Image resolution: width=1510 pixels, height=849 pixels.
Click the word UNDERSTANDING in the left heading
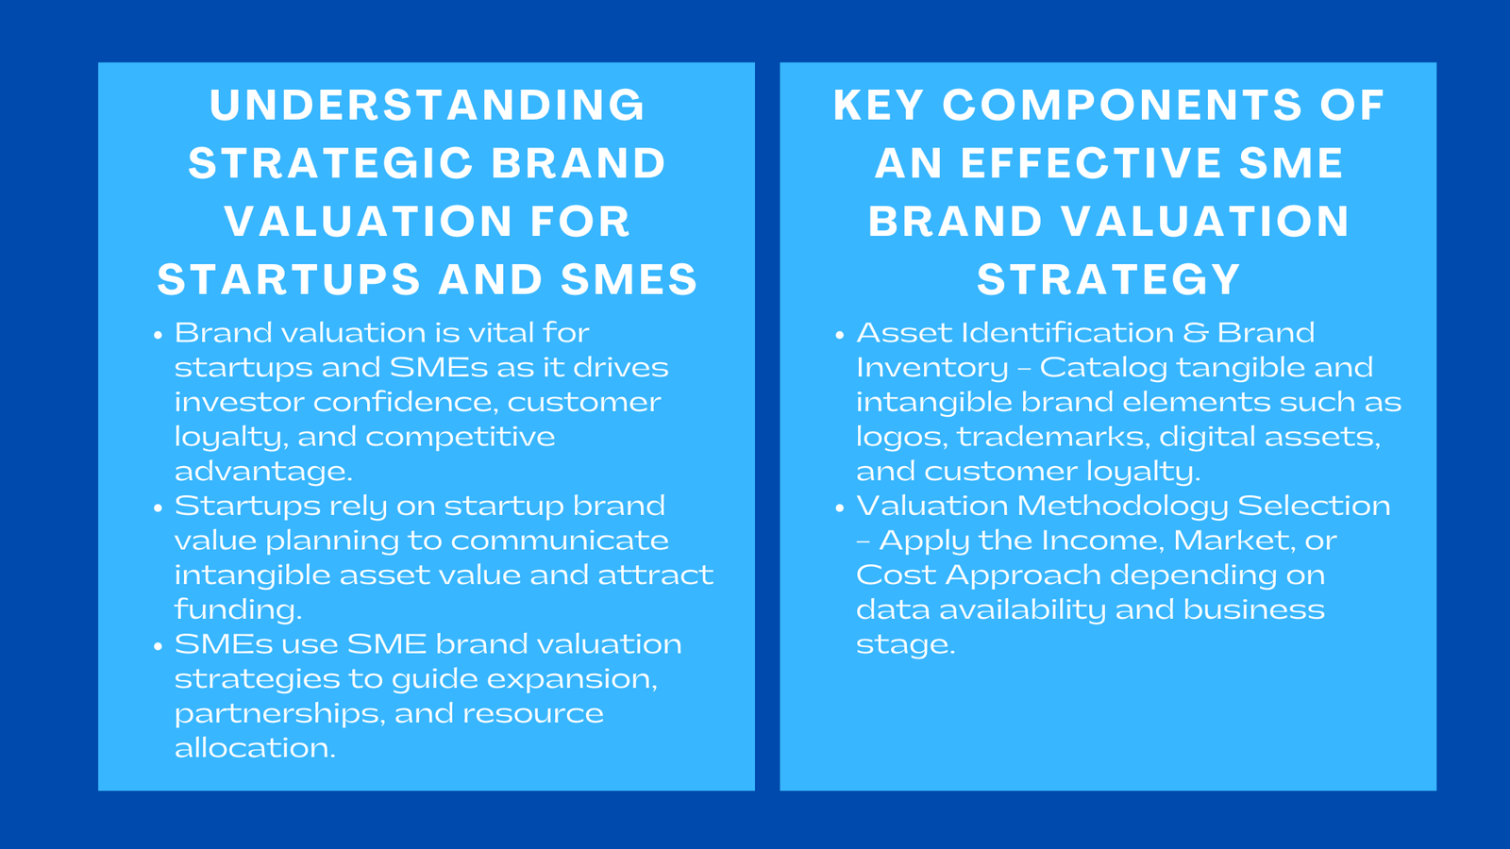(x=428, y=106)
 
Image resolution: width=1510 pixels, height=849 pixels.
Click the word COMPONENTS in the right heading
(x=1122, y=106)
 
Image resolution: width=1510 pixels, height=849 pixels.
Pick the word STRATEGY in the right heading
(x=1108, y=280)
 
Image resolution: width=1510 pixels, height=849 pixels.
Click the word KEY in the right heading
(x=878, y=106)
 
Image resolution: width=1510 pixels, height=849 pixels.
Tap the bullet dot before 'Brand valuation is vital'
(x=159, y=335)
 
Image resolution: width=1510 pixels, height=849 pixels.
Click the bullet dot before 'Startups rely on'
(x=159, y=508)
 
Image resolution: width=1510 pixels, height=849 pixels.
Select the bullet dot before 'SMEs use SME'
(x=159, y=646)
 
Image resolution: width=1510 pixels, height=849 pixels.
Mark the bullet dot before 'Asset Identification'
(x=840, y=335)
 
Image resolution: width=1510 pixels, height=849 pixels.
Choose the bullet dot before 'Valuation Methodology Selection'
(x=840, y=508)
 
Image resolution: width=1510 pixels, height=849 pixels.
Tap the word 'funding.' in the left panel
(x=238, y=609)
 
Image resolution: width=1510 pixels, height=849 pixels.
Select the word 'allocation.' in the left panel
(x=255, y=748)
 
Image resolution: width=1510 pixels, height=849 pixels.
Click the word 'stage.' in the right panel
(x=905, y=645)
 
